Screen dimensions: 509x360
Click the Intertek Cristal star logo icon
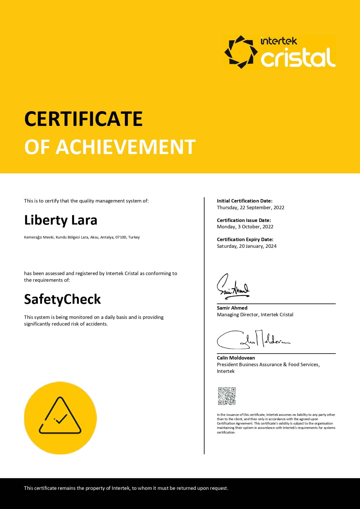click(241, 52)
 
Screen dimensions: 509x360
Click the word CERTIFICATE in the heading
click(84, 119)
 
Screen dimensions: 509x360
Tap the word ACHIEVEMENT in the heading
click(126, 147)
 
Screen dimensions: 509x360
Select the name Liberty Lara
click(61, 220)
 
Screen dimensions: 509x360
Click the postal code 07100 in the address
click(121, 237)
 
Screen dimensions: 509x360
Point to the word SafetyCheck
click(62, 299)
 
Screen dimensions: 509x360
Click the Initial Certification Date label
click(245, 201)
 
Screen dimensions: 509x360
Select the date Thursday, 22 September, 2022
click(251, 207)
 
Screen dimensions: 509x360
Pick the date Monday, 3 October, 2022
click(245, 227)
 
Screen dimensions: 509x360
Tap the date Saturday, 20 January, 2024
click(247, 246)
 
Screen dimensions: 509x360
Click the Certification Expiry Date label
click(245, 239)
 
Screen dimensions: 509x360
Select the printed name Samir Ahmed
click(232, 308)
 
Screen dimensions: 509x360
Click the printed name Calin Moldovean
click(236, 358)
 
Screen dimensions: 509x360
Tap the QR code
click(227, 396)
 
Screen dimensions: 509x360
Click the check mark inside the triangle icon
click(61, 418)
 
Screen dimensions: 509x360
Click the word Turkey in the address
click(134, 237)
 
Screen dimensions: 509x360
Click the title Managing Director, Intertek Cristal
click(255, 315)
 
